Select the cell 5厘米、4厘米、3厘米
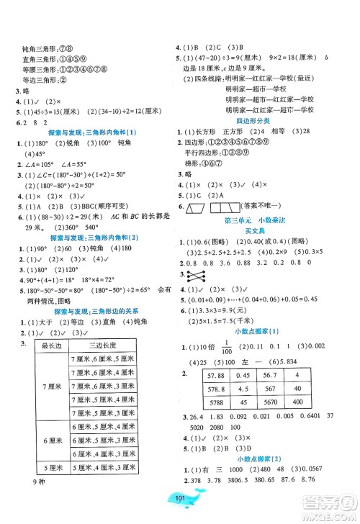tap(105, 487)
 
